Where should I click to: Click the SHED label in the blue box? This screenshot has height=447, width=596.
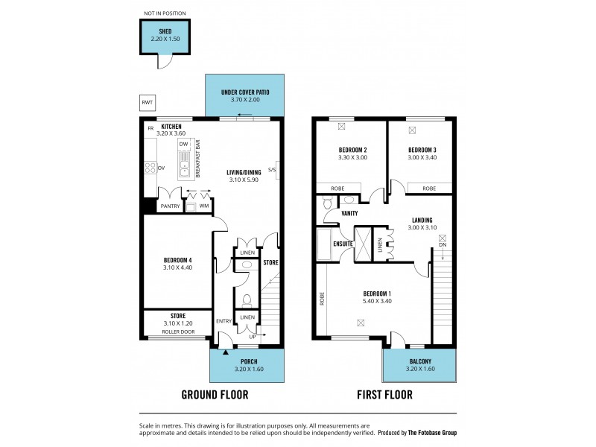[x=165, y=31]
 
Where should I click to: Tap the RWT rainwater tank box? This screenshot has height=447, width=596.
[x=148, y=103]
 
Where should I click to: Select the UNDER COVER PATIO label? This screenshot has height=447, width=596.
[x=245, y=92]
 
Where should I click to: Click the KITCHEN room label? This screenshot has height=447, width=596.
[x=171, y=127]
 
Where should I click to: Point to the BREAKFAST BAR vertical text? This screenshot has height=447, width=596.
[x=197, y=159]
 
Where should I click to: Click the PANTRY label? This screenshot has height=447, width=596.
[x=171, y=206]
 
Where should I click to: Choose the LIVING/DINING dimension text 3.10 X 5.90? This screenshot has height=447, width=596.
[x=245, y=180]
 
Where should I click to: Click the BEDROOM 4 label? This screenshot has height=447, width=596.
[x=177, y=260]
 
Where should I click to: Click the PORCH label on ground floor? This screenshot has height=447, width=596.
[x=246, y=361]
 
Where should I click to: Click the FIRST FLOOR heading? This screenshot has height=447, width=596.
[x=384, y=395]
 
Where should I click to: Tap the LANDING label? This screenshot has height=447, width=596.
[x=422, y=220]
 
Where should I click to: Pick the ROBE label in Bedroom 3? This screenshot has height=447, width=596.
[x=429, y=189]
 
